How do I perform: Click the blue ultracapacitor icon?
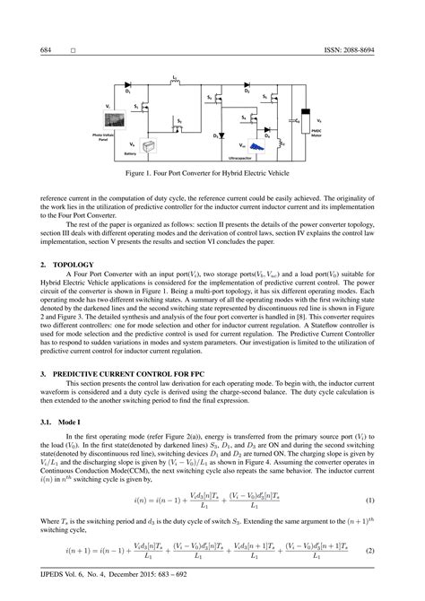(256, 145)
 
